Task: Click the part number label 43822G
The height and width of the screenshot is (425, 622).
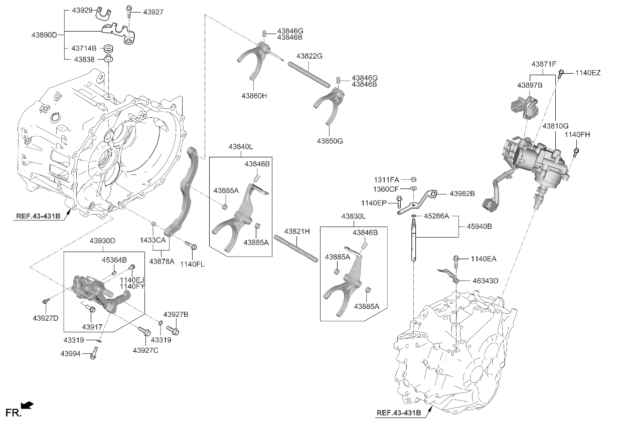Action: coord(309,56)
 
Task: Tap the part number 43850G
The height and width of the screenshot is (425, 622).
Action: coord(329,141)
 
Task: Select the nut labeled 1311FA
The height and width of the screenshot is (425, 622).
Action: coord(413,179)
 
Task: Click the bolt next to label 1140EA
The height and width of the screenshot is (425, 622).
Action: coord(457,260)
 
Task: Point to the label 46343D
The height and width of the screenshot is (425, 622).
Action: coord(485,281)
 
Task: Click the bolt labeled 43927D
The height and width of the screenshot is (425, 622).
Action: coord(46,301)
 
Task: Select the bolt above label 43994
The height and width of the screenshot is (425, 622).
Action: coord(93,355)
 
